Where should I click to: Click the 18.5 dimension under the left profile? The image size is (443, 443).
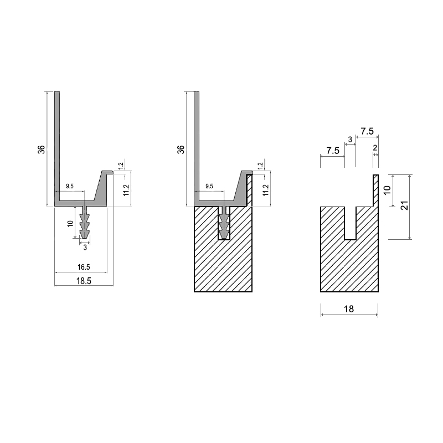click(84, 281)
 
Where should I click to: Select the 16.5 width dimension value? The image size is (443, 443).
click(84, 267)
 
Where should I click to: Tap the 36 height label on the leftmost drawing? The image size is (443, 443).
click(41, 150)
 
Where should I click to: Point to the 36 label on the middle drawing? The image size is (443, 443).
click(181, 150)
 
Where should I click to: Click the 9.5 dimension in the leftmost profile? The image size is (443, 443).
click(70, 186)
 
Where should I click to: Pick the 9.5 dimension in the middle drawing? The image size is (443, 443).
click(209, 186)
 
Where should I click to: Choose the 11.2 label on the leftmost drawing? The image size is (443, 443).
click(126, 190)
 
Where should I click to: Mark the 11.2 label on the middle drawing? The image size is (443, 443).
click(266, 190)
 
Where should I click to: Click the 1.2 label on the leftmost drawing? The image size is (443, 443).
click(121, 166)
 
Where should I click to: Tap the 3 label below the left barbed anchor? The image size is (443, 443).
click(85, 248)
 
